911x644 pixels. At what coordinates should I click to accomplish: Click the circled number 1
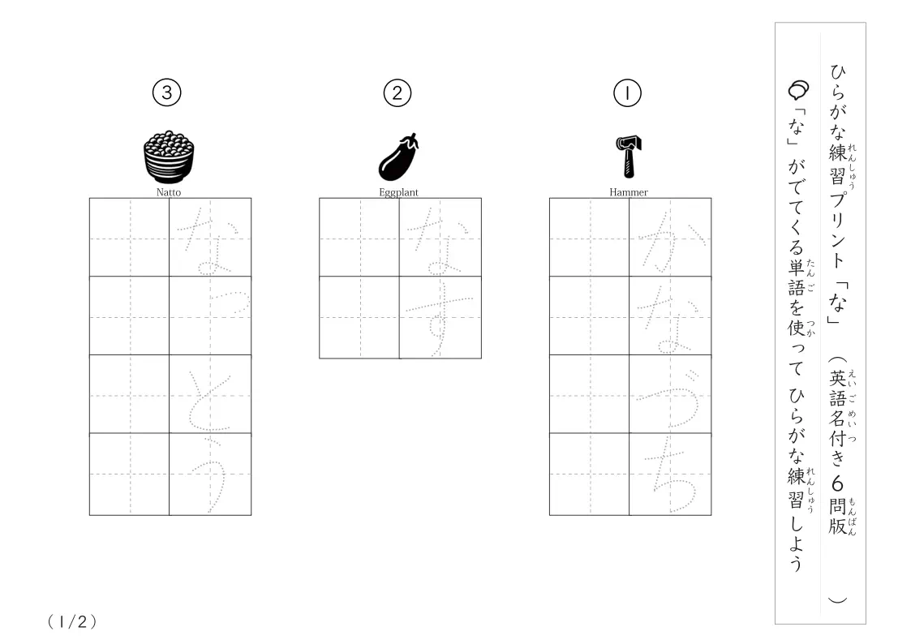click(627, 93)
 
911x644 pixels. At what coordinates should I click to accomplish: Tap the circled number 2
click(397, 93)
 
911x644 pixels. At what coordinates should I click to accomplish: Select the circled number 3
click(167, 93)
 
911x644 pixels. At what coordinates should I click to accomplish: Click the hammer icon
click(629, 157)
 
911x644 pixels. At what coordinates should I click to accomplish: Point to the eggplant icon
click(398, 157)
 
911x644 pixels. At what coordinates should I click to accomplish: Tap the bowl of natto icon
click(169, 157)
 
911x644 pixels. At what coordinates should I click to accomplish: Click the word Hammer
click(629, 192)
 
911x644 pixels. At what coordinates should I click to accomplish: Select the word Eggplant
click(398, 192)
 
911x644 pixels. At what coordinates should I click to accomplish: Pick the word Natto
click(169, 192)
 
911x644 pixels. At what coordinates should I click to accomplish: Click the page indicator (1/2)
click(72, 622)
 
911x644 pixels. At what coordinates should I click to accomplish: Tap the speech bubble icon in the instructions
click(798, 90)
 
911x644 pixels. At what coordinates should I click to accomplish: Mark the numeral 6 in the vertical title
click(837, 483)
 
